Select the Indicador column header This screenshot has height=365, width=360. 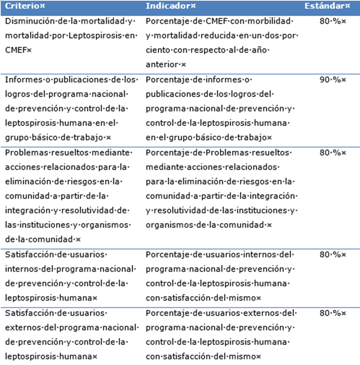pyautogui.click(x=169, y=6)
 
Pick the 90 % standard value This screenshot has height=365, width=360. pyautogui.click(x=330, y=79)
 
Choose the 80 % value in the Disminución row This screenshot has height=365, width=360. pyautogui.click(x=330, y=21)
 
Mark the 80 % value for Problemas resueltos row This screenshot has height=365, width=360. pyautogui.click(x=330, y=153)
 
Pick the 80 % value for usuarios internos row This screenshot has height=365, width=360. pyautogui.click(x=330, y=254)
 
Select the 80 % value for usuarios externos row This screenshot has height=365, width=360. pyautogui.click(x=330, y=313)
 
